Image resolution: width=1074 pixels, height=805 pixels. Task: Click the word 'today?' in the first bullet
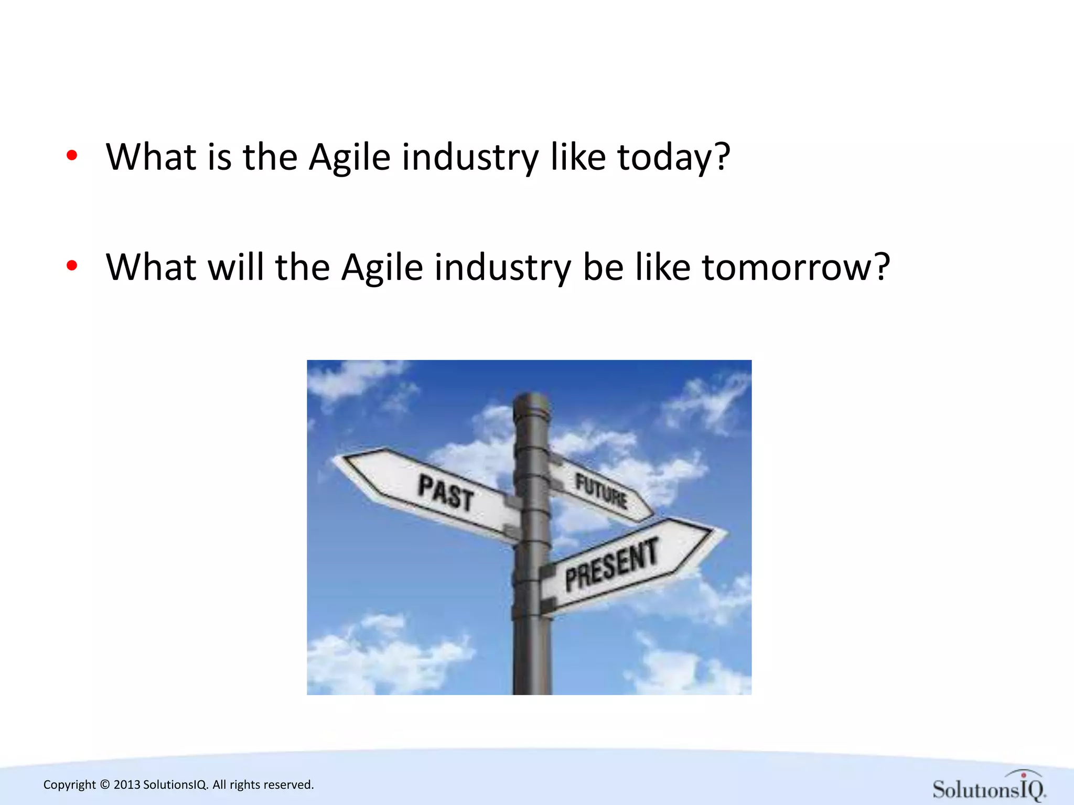click(x=673, y=157)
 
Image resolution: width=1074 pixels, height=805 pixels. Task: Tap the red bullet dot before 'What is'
click(x=72, y=155)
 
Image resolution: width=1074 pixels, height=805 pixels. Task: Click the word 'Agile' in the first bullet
click(x=349, y=157)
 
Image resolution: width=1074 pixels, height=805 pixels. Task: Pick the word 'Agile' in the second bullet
click(x=382, y=267)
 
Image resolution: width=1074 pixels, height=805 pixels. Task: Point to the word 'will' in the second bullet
click(x=236, y=267)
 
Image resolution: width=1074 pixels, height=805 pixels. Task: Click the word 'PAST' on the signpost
click(x=446, y=492)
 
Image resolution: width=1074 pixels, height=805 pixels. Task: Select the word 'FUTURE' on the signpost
click(x=601, y=491)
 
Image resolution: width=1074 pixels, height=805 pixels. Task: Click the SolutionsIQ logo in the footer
click(x=989, y=787)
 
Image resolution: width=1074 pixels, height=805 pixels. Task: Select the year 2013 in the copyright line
click(x=127, y=785)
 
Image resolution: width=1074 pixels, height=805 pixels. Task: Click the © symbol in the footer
click(x=105, y=785)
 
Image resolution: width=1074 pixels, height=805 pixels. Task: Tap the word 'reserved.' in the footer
click(x=289, y=785)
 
